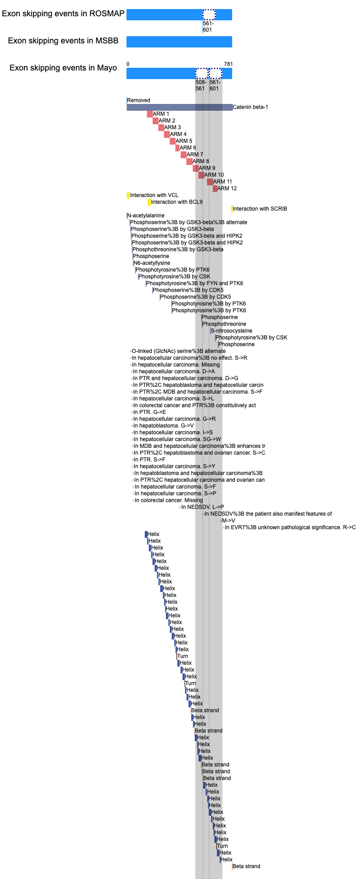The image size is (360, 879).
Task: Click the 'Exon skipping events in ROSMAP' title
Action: tap(63, 14)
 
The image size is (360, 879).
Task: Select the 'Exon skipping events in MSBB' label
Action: tap(63, 41)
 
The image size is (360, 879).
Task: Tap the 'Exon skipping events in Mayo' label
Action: tap(63, 68)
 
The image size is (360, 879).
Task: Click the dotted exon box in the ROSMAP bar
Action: tap(209, 14)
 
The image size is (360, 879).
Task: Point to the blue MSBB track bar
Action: tap(179, 42)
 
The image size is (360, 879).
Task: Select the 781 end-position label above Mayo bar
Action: tap(228, 64)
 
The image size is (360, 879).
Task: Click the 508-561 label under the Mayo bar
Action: tap(201, 85)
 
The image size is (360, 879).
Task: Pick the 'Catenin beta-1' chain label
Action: tap(250, 107)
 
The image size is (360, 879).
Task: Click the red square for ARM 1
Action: tap(150, 114)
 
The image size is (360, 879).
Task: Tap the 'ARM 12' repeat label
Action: tap(227, 188)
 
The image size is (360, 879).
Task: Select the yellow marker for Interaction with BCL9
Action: tap(150, 202)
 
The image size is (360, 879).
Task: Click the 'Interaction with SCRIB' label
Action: tap(260, 209)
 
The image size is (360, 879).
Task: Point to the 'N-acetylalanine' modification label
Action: tap(146, 216)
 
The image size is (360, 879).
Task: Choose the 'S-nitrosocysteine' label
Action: tap(231, 331)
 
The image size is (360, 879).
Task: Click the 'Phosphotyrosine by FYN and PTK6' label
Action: tap(194, 283)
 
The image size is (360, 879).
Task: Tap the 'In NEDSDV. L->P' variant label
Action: tap(202, 507)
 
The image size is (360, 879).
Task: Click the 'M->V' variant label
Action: tap(228, 521)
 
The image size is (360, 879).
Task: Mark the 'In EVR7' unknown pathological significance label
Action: tap(290, 527)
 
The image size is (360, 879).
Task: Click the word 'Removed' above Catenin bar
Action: tap(138, 100)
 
